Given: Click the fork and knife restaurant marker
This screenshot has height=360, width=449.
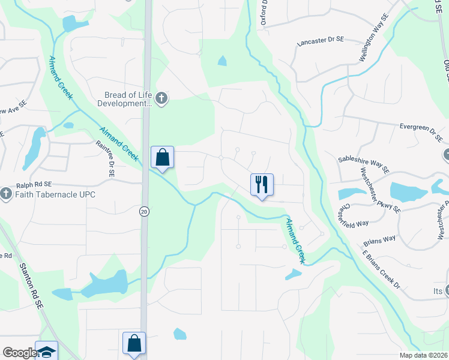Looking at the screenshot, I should (262, 184).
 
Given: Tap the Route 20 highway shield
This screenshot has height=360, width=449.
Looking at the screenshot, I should (144, 211).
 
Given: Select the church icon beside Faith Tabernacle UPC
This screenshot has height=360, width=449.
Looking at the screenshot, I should (6, 194).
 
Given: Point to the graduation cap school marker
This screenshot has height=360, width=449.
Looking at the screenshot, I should (46, 352).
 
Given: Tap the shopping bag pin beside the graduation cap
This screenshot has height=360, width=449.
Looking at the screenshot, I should (134, 344).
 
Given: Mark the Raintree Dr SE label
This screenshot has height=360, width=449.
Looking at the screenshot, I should (105, 158).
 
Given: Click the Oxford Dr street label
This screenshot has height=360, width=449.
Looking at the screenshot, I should (264, 13).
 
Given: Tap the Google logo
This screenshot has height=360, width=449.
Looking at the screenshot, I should (20, 353).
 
